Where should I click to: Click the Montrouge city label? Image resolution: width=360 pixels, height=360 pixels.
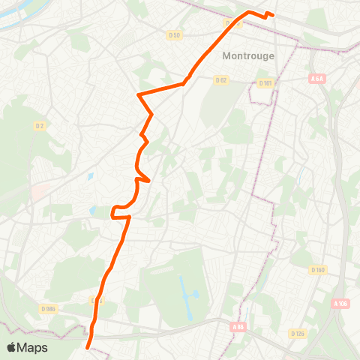tap(249, 55)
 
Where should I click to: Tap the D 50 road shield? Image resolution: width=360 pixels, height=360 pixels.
tap(175, 35)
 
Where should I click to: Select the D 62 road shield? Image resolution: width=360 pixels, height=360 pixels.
tap(220, 79)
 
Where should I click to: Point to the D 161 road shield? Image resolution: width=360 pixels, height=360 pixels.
tap(265, 83)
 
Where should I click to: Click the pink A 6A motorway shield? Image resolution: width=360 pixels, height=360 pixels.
tap(316, 79)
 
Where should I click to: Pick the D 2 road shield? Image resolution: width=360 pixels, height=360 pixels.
tap(40, 126)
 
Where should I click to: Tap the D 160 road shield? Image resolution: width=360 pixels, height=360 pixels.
tap(318, 270)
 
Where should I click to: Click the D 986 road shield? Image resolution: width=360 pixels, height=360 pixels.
tap(49, 307)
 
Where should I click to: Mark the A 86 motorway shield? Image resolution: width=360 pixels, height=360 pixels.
tap(238, 326)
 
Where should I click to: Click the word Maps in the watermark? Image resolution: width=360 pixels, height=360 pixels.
tap(33, 348)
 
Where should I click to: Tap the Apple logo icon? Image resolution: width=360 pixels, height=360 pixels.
tap(11, 347)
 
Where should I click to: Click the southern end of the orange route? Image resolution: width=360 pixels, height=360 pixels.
tap(88, 348)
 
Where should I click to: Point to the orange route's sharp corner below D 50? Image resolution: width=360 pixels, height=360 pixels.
tap(138, 94)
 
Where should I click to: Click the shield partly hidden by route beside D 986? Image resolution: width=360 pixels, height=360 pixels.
tap(95, 300)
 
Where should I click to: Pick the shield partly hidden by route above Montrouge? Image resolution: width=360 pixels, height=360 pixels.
tap(232, 24)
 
